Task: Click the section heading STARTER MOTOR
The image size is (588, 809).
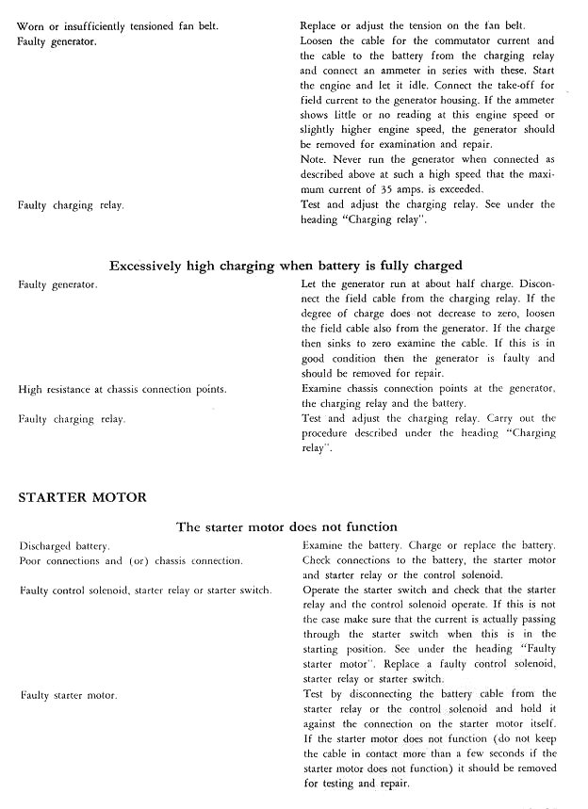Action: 81,495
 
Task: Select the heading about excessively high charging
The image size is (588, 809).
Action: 286,265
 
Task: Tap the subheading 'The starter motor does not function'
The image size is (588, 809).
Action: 286,526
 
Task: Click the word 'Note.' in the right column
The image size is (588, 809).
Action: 314,159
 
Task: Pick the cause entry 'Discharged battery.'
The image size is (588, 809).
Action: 64,546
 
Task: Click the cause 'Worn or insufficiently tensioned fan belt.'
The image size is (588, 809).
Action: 118,26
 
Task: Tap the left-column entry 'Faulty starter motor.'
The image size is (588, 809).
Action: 68,695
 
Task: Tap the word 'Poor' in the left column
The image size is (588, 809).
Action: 31,561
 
